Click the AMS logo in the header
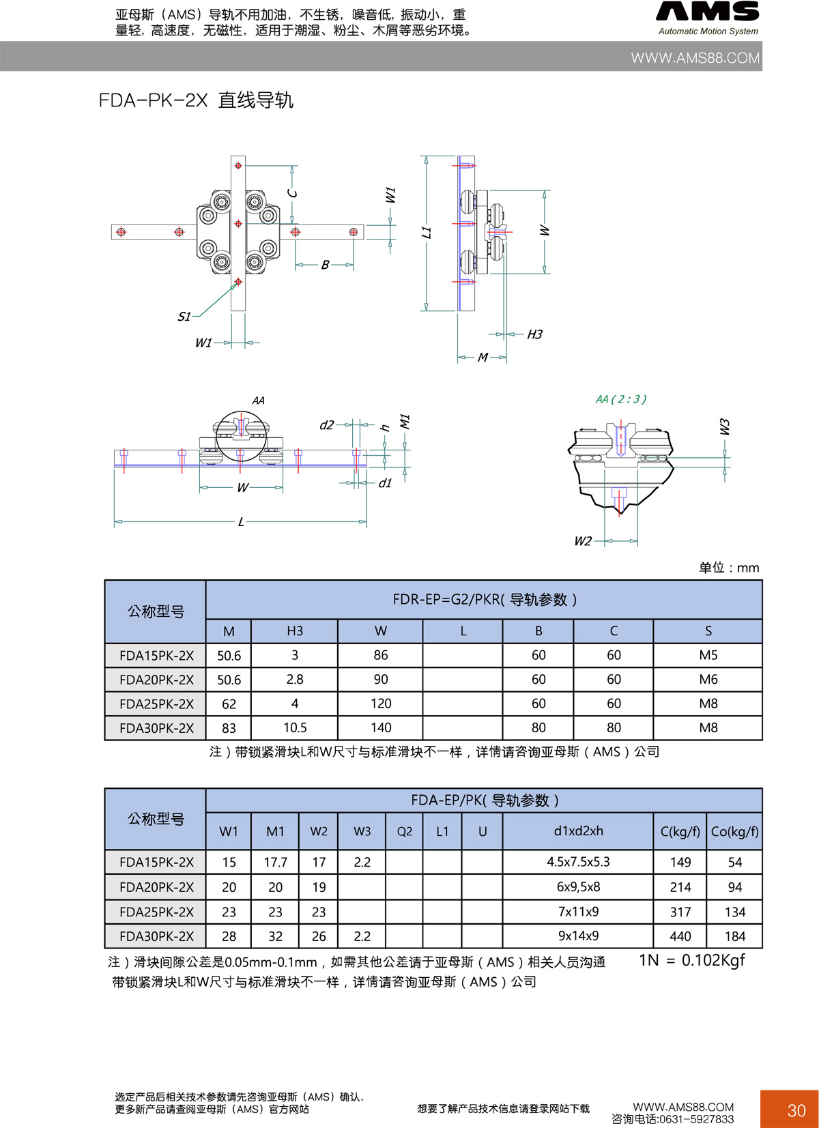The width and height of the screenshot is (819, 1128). click(708, 12)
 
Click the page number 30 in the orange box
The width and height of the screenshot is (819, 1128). click(796, 1110)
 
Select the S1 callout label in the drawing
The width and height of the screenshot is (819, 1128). click(184, 317)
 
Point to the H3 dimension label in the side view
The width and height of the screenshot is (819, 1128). click(534, 334)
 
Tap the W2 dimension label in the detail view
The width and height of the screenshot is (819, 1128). click(582, 541)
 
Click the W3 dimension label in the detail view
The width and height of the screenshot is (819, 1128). click(725, 427)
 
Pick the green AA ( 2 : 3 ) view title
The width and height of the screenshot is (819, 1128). click(620, 399)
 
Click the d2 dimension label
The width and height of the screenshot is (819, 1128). click(327, 425)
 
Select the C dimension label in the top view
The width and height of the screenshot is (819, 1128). click(293, 193)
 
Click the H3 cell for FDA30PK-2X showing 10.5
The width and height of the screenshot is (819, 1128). click(295, 728)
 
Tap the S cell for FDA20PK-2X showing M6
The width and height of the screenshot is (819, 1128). click(708, 680)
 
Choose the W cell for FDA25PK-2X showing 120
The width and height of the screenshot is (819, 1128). click(380, 704)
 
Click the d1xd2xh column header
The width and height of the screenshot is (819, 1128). click(578, 831)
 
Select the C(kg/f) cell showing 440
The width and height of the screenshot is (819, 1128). click(680, 936)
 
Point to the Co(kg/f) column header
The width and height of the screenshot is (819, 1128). click(734, 831)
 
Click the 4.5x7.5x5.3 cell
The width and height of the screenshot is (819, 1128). click(578, 862)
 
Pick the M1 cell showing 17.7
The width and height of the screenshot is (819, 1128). click(275, 863)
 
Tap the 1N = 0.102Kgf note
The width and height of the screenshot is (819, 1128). click(691, 960)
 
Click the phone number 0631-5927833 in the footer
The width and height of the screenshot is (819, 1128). click(697, 1119)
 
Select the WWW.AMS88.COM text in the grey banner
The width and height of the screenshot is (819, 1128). click(695, 58)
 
